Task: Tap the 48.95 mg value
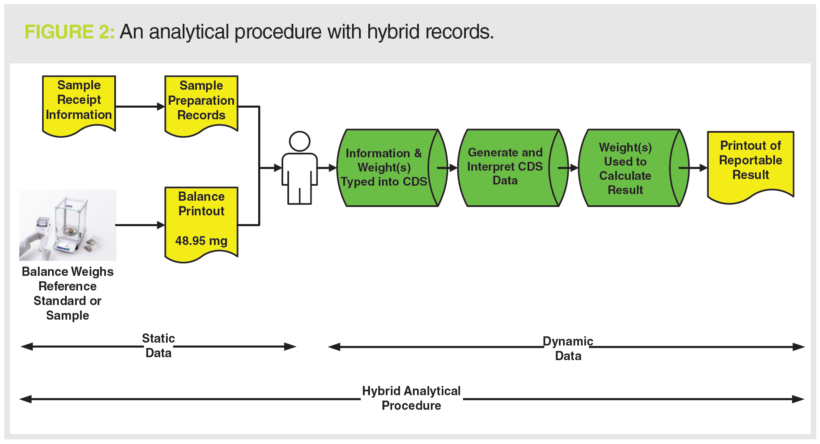pyautogui.click(x=201, y=241)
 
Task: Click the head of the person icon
pyautogui.click(x=299, y=141)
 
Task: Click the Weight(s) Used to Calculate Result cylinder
pyautogui.click(x=626, y=168)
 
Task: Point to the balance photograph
pyautogui.click(x=68, y=225)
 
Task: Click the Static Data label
pyautogui.click(x=158, y=346)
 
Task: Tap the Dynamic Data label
pyautogui.click(x=568, y=348)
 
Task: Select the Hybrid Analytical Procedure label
pyautogui.click(x=411, y=398)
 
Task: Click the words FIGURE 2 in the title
pyautogui.click(x=69, y=32)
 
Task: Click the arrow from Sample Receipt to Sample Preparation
pyautogui.click(x=140, y=106)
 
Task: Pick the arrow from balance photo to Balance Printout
pyautogui.click(x=140, y=225)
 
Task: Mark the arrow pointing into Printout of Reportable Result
pyautogui.click(x=693, y=168)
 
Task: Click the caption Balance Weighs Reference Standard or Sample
pyautogui.click(x=68, y=293)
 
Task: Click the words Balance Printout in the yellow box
pyautogui.click(x=201, y=204)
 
